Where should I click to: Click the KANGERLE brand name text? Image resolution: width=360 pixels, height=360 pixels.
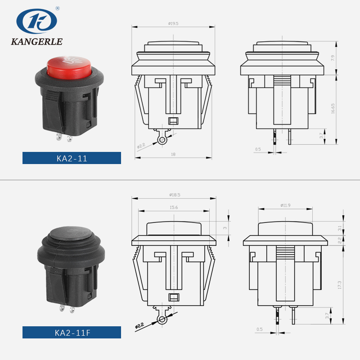click(x=36, y=42)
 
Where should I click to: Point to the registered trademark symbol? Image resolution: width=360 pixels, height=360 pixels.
click(x=58, y=8)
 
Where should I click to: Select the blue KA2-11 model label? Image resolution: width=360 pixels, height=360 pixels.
click(x=72, y=158)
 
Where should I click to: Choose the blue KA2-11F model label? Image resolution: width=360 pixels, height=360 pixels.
click(x=72, y=333)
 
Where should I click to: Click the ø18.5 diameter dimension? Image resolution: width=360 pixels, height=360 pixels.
click(x=174, y=195)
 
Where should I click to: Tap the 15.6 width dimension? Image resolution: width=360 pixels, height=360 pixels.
click(x=173, y=207)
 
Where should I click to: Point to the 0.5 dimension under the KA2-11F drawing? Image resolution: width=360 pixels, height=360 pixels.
click(x=259, y=330)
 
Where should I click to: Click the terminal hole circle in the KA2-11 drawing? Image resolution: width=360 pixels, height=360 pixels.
click(x=162, y=141)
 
